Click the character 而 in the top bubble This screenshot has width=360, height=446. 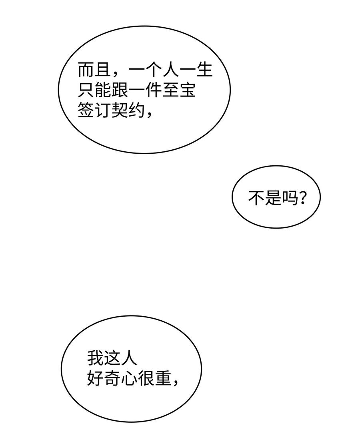(86, 70)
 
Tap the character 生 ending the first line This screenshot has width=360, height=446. (204, 70)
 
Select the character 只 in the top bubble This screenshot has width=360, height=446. (86, 90)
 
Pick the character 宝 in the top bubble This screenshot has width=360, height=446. (187, 90)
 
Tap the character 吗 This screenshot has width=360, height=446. (290, 197)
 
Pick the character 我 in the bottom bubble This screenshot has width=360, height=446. (96, 358)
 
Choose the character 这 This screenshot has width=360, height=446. (112, 358)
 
